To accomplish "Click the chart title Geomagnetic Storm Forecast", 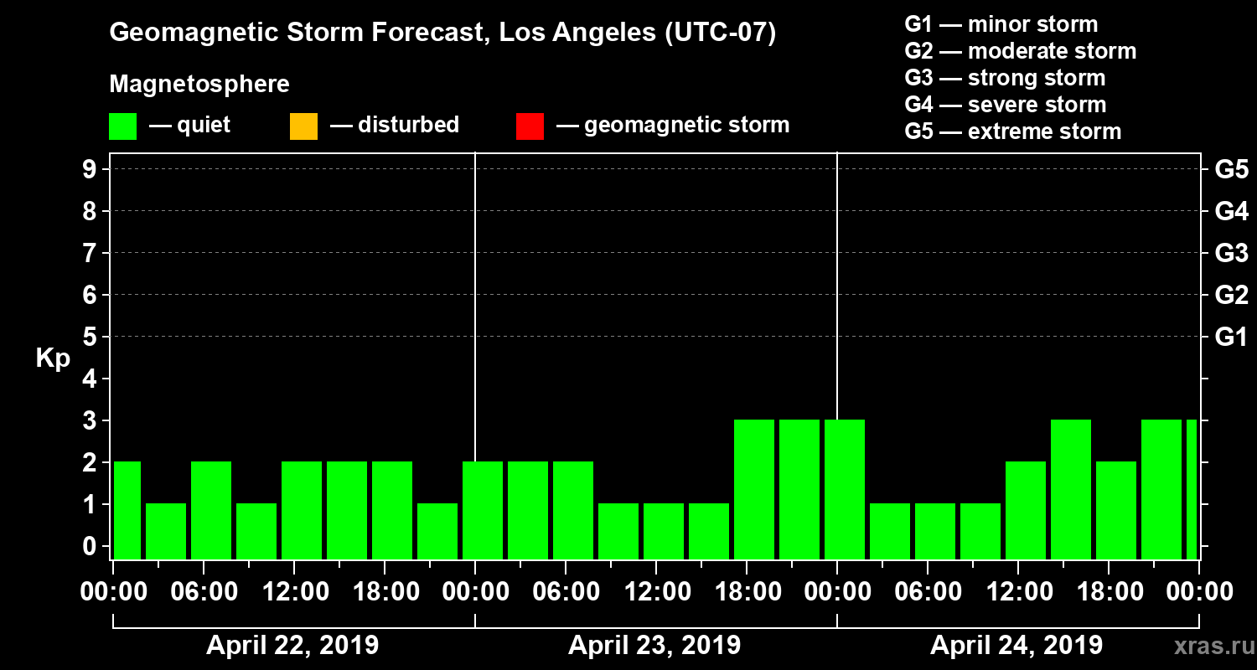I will (442, 33).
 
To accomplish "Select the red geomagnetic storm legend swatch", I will (530, 126).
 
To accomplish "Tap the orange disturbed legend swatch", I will (303, 126).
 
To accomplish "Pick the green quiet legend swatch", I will (122, 126).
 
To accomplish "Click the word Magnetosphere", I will (199, 85).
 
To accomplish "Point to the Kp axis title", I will (53, 358).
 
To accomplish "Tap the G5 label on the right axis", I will (1231, 169).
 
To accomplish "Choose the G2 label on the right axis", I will (1231, 295).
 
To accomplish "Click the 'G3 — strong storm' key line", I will (1005, 78).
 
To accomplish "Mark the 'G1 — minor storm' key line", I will (1001, 24).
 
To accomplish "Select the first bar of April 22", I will (127, 510).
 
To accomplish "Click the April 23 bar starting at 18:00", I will (754, 489).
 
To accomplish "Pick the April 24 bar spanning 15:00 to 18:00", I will (1071, 489).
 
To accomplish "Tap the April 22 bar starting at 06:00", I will (211, 510).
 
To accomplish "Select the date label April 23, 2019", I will (654, 646).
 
